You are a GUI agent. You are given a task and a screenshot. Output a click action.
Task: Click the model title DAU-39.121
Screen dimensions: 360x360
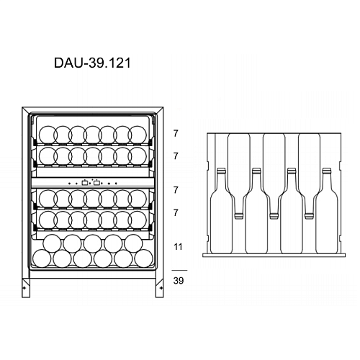click(92, 63)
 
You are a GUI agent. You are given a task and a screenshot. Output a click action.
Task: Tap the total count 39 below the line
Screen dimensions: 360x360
click(179, 280)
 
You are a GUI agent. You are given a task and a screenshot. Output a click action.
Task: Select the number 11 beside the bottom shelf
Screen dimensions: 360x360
click(178, 247)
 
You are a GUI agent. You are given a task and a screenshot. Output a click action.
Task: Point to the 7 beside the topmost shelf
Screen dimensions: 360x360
click(176, 133)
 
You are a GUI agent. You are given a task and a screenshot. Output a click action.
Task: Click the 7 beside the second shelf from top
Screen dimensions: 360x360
click(176, 156)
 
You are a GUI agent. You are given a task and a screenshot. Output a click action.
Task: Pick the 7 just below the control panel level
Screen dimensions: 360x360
click(176, 190)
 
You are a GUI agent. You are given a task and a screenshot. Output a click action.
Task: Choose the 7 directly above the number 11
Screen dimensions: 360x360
click(176, 212)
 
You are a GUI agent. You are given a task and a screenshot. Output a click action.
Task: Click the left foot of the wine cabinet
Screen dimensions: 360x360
click(26, 288)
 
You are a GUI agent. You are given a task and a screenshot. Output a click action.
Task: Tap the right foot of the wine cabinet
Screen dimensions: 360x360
click(160, 288)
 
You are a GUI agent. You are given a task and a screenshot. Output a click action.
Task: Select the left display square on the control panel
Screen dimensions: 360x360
click(85, 183)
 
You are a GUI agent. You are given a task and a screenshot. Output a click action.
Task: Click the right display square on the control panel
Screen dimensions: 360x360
click(96, 183)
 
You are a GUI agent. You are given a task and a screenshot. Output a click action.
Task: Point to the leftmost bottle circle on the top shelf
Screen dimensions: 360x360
click(48, 135)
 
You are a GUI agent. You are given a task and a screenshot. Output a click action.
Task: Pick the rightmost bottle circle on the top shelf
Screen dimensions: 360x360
click(138, 135)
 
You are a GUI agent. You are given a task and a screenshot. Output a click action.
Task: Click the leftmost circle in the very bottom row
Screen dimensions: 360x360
click(42, 258)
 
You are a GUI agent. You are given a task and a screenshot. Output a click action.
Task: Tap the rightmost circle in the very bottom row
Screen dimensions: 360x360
click(144, 258)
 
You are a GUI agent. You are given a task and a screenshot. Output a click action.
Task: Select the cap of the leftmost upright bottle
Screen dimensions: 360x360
click(221, 171)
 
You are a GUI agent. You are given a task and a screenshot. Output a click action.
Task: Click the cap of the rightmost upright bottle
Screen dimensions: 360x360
click(327, 171)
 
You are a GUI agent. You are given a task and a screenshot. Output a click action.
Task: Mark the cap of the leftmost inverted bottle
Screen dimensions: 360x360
click(238, 216)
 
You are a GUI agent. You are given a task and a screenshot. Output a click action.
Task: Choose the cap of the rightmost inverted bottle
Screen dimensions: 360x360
click(309, 216)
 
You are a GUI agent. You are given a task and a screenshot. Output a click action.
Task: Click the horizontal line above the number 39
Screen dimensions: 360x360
click(179, 271)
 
